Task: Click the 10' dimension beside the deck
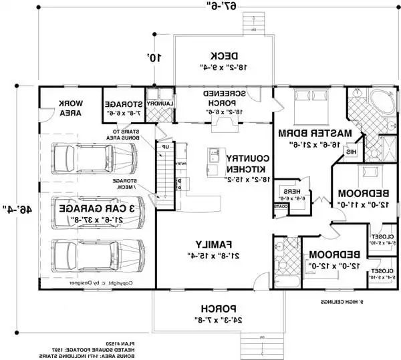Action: (155, 58)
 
